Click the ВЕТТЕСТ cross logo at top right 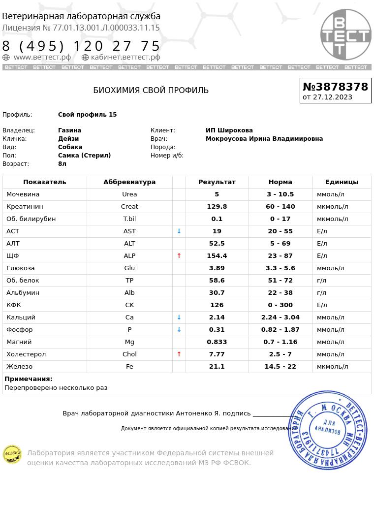345,35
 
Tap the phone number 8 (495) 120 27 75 82,46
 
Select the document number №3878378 335,87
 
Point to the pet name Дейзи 68,139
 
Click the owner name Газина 69,130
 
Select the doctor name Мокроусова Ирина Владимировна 264,139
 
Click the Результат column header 217,182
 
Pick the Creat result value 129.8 217,207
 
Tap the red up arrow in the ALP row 179,256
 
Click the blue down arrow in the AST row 179,231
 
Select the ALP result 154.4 217,256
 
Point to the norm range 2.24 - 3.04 280,317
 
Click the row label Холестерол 26,354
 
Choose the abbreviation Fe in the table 129,367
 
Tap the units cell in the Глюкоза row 330,268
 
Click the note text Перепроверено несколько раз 56,388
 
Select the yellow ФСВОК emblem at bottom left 12,454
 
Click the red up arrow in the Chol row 179,354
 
